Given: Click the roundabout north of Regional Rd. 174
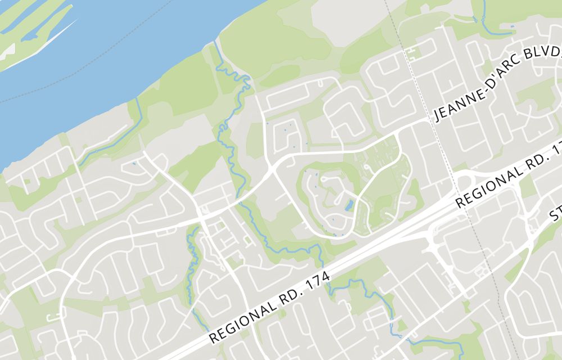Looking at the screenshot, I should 465,181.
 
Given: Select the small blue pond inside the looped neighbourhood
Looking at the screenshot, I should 349,205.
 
